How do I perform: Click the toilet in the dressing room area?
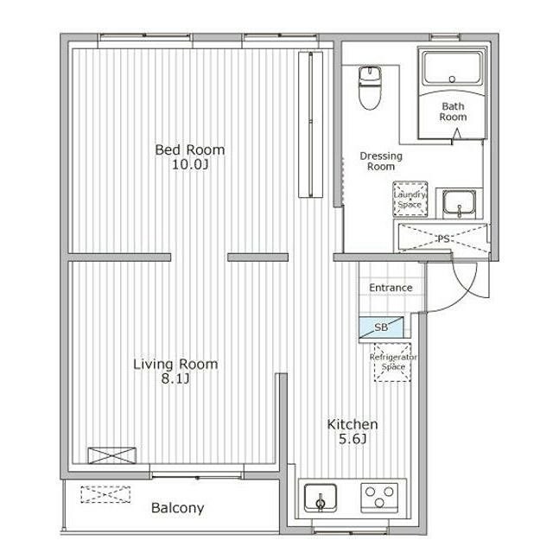[370, 88]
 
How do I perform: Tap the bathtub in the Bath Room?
[452, 68]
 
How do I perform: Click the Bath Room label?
[453, 111]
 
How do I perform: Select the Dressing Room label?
[381, 162]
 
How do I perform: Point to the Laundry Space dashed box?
[410, 200]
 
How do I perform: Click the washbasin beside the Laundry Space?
[459, 204]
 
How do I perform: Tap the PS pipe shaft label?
[443, 239]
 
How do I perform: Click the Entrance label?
[391, 288]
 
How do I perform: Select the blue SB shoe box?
[381, 327]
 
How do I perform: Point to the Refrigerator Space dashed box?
[392, 362]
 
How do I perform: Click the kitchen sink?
[321, 498]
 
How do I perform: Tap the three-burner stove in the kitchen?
[379, 498]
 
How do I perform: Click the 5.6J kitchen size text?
[353, 440]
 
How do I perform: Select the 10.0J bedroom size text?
[190, 165]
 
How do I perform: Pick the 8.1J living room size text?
[175, 379]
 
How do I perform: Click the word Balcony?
[177, 508]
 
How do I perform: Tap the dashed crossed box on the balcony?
[105, 494]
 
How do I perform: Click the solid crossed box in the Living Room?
[111, 455]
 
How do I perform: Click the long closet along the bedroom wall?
[310, 124]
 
